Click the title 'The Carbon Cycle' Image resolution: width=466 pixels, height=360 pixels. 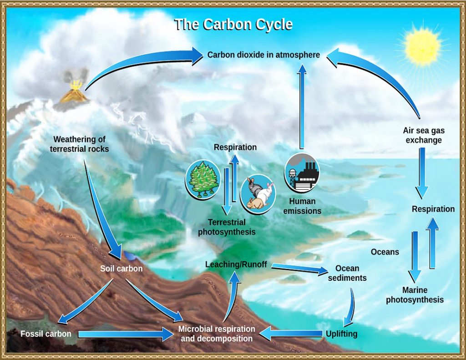[x=233, y=24]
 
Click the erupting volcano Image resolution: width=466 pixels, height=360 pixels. [x=75, y=93]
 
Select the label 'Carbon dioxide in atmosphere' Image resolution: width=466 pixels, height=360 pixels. [x=263, y=55]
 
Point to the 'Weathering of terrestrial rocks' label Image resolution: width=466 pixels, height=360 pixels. [x=79, y=144]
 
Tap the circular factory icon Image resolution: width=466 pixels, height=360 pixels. [x=302, y=172]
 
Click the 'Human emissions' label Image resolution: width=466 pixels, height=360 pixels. [x=302, y=206]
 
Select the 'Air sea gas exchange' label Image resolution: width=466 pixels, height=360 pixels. [x=424, y=135]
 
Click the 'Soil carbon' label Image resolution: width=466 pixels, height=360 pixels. [x=121, y=269]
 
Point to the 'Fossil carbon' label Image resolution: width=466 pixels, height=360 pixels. [x=46, y=334]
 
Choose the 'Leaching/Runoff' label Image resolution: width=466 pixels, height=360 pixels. [x=236, y=264]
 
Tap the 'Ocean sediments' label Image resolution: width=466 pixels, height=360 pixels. [x=347, y=273]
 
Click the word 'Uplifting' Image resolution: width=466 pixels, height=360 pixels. [x=341, y=334]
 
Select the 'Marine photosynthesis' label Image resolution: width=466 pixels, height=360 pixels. [x=415, y=295]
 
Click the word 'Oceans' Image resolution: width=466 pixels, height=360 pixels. [x=385, y=252]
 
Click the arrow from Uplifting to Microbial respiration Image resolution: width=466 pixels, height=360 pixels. [x=291, y=334]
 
